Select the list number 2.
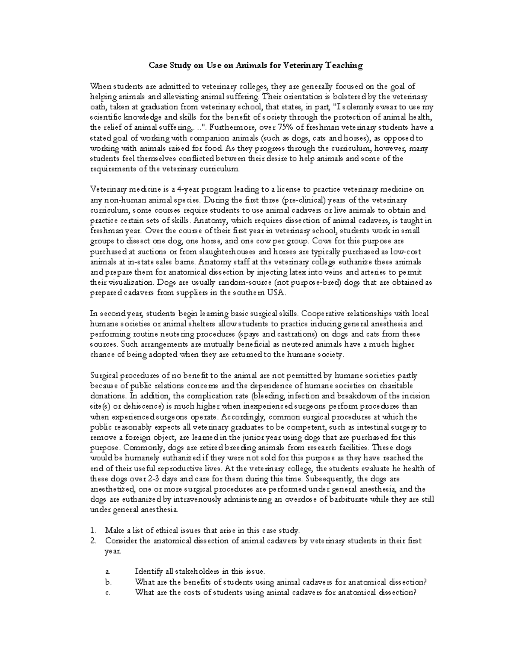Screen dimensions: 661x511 [x=93, y=541]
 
